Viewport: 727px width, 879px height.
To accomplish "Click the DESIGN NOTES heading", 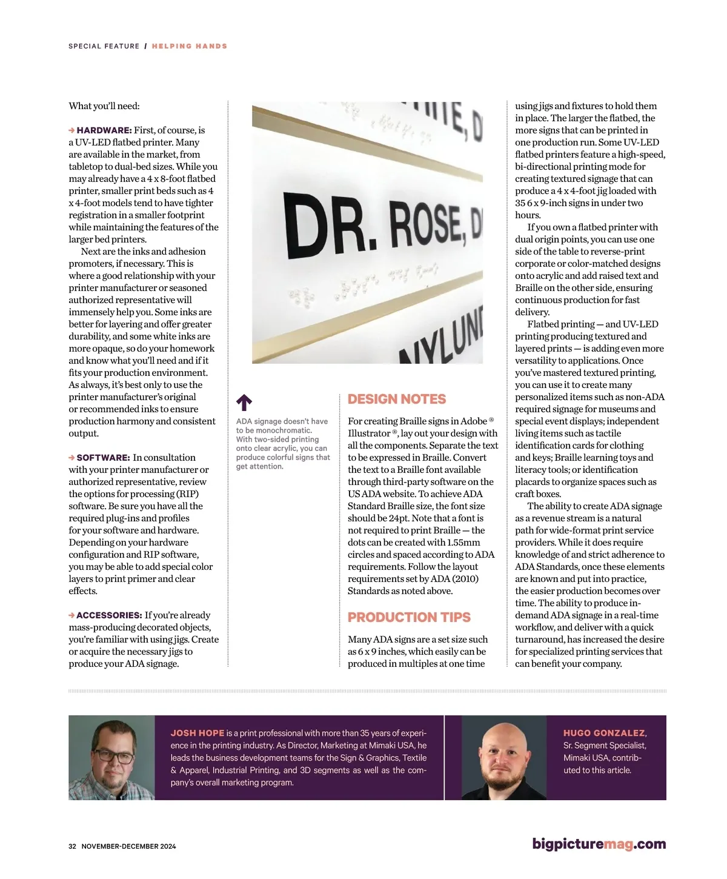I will tap(397, 399).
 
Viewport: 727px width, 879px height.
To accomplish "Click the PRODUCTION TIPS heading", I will tap(409, 617).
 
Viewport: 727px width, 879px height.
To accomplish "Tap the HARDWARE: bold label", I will tap(104, 130).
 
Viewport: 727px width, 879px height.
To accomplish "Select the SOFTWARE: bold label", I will tap(103, 458).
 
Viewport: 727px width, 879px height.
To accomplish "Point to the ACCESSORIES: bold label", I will tap(110, 615).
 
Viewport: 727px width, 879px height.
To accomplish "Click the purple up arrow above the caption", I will tap(244, 403).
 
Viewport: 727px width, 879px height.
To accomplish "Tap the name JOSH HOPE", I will tap(198, 733).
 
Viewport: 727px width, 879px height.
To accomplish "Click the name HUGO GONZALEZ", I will tap(604, 733).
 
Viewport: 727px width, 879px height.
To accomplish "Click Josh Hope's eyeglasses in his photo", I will tap(113, 757).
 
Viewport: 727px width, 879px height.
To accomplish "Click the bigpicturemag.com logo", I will tap(599, 844).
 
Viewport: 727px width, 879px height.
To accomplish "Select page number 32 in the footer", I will tap(72, 846).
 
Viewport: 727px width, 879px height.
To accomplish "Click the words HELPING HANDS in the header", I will tap(190, 46).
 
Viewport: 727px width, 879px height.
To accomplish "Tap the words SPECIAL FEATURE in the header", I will tap(104, 46).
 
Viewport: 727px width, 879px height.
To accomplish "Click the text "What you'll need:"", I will tap(104, 106).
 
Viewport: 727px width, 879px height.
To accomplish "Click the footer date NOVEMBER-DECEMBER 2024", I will tap(128, 846).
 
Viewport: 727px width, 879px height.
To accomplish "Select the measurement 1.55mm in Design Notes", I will tap(463, 543).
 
